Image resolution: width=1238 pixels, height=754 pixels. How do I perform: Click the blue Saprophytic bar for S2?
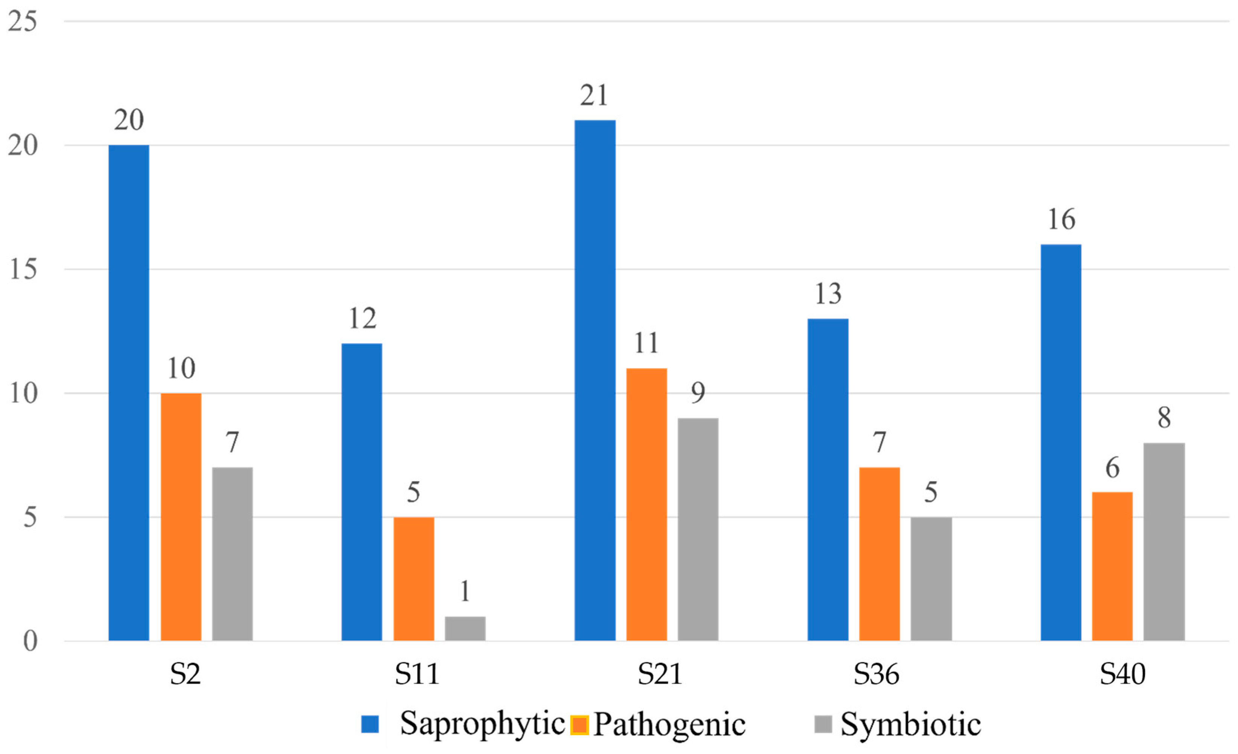pos(129,393)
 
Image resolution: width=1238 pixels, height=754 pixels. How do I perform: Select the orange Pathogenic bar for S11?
pos(413,579)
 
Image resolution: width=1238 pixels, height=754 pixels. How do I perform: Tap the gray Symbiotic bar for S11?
pos(465,628)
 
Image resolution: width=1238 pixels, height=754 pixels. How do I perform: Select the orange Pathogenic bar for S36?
pos(879,553)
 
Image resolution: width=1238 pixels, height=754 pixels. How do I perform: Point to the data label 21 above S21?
pos(594,96)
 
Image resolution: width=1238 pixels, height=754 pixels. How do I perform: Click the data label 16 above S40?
pos(1061,220)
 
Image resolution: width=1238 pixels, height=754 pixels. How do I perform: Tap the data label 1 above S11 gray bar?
pos(465,591)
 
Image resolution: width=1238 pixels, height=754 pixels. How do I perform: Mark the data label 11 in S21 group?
pos(646,343)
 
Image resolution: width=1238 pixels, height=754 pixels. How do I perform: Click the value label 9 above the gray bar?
pos(698,393)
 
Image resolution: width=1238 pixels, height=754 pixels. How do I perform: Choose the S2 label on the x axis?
pos(185,675)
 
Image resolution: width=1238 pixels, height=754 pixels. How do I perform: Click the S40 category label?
pos(1123,675)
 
